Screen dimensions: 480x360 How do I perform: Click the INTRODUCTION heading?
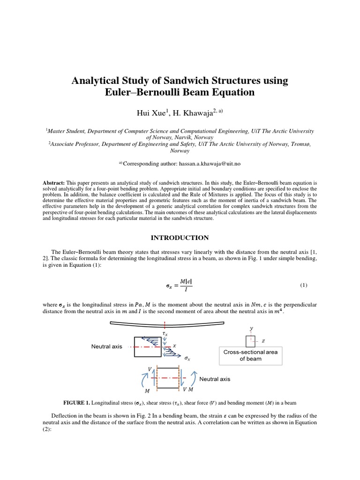(180, 238)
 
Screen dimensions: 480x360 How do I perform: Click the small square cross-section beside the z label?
(250, 342)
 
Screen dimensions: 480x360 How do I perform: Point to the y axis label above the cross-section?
(251, 329)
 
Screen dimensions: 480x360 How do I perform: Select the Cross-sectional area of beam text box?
(250, 355)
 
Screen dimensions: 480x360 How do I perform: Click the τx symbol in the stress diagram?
(165, 333)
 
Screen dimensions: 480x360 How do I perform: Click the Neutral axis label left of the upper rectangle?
(106, 347)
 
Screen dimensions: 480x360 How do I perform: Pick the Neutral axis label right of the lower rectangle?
(215, 379)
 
